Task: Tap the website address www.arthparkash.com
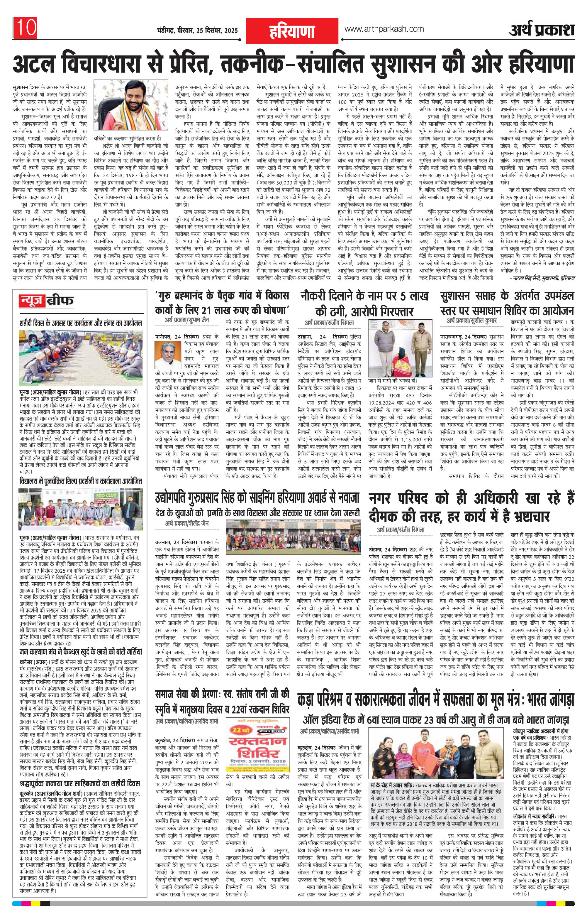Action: coord(385,29)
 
